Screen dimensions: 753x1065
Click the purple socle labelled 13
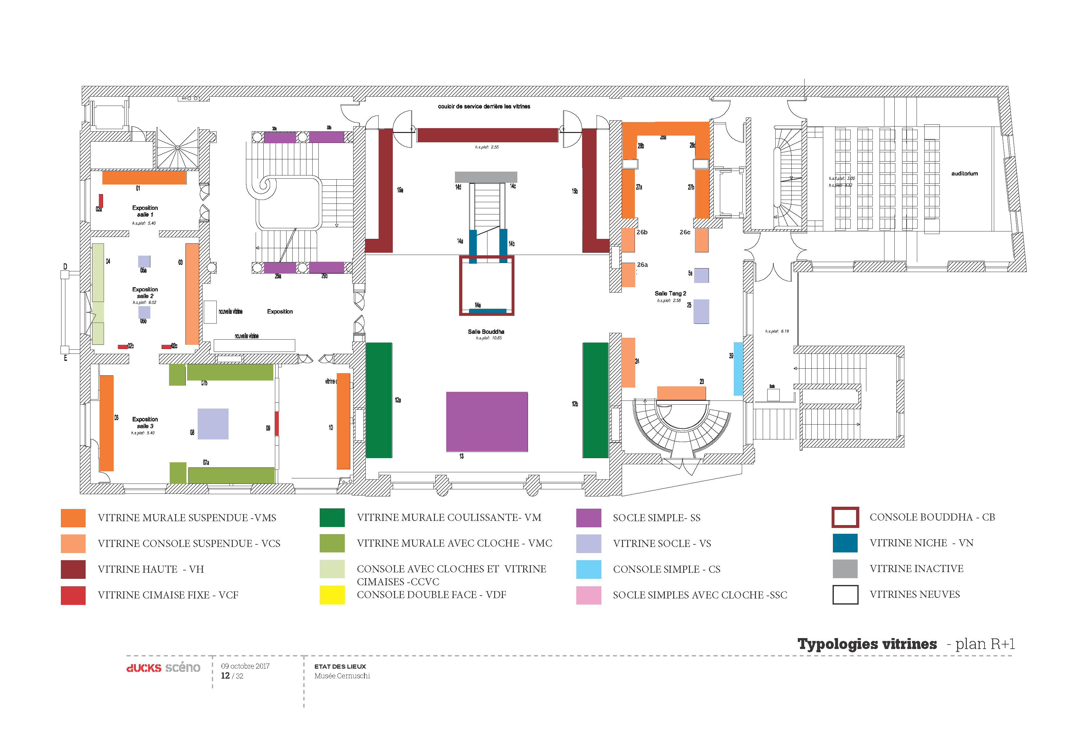(x=486, y=421)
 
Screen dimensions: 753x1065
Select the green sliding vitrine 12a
(x=379, y=400)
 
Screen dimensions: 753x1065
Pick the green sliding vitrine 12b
(x=595, y=400)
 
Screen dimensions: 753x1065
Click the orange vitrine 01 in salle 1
(x=144, y=177)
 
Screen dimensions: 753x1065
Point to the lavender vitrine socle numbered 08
(x=213, y=424)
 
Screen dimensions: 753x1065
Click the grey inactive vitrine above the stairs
(x=485, y=177)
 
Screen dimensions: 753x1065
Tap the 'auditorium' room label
(x=964, y=174)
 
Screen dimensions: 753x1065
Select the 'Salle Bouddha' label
(x=485, y=332)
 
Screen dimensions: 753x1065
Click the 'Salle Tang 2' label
(x=670, y=293)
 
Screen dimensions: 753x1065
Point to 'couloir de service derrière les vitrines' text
(x=484, y=106)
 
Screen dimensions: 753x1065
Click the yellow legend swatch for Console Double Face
(x=332, y=595)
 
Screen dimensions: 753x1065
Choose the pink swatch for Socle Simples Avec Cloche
(x=588, y=595)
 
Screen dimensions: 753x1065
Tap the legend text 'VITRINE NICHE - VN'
(x=921, y=543)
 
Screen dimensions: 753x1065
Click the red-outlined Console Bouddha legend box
(x=845, y=517)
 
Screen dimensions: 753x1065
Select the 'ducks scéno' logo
(x=163, y=668)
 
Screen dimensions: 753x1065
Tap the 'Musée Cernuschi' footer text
(x=342, y=676)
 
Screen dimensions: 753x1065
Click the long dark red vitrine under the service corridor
(x=487, y=135)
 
